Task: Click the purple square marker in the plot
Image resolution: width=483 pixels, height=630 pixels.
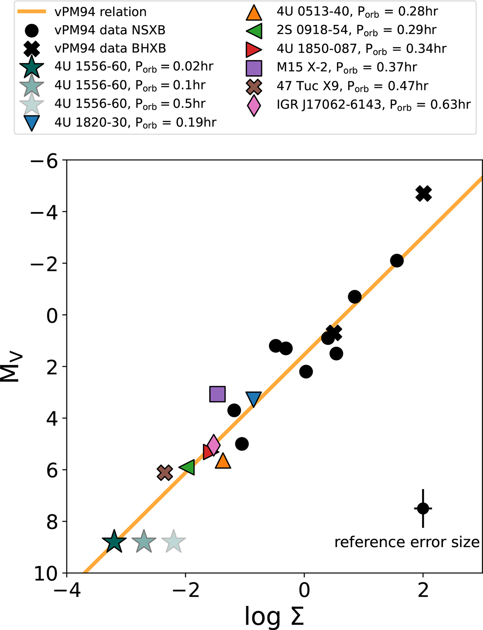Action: [x=217, y=394]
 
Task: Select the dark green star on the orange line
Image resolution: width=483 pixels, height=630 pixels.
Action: [x=114, y=542]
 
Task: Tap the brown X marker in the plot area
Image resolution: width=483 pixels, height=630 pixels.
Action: [x=165, y=473]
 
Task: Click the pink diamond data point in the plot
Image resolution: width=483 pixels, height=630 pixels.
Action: [x=213, y=445]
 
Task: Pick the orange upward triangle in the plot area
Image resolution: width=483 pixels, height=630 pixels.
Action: [x=223, y=461]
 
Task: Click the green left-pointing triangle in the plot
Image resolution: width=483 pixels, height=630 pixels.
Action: [x=188, y=467]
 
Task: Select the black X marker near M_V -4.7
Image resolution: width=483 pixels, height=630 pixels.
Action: [x=424, y=194]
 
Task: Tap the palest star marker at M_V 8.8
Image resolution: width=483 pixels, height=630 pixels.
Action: [x=173, y=542]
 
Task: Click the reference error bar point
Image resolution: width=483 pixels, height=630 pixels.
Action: [x=423, y=508]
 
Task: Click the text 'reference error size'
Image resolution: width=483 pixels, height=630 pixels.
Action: [x=407, y=542]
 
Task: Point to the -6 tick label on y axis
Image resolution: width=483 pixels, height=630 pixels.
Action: [x=45, y=161]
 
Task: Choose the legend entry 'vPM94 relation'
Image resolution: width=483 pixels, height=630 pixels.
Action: [x=100, y=12]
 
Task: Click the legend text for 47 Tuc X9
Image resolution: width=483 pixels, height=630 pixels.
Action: [x=352, y=86]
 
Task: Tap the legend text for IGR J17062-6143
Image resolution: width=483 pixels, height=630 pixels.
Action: [x=374, y=105]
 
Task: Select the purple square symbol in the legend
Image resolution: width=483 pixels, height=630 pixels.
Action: [x=254, y=68]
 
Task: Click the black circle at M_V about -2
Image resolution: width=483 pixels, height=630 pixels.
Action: [x=397, y=260]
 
